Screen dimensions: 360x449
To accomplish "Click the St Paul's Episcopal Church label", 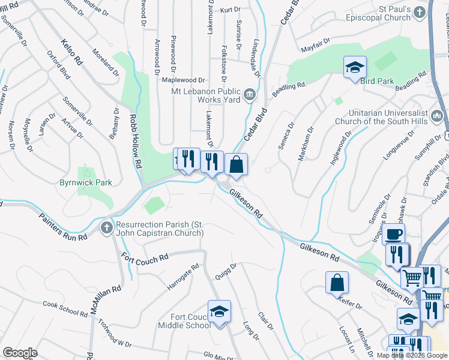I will click(x=386, y=14).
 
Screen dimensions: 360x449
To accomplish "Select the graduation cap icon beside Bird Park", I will click(x=354, y=67).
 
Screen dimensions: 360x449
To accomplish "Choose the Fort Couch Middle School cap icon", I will click(x=219, y=311).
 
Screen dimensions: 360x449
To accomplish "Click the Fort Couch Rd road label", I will click(x=145, y=259).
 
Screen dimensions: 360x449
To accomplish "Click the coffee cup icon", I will click(x=393, y=234).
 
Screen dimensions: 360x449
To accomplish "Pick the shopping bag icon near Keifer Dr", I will click(x=337, y=282).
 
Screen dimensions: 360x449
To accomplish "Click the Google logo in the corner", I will click(x=20, y=353).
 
